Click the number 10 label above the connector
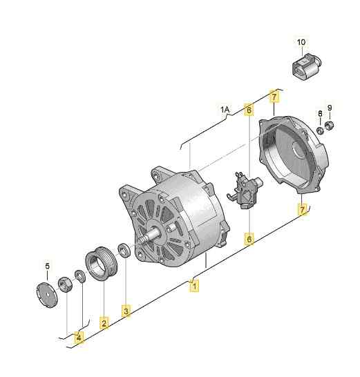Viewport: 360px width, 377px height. point(301,42)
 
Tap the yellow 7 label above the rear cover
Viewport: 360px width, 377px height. point(274,96)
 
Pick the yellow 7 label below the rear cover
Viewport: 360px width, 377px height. point(302,208)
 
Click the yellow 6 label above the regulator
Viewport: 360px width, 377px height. point(249,109)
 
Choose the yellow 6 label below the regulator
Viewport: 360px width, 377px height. point(249,239)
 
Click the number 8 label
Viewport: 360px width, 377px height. point(320,113)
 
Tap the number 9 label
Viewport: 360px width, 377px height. point(330,108)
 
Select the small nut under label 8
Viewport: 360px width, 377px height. point(320,129)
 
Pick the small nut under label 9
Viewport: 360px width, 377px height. point(331,125)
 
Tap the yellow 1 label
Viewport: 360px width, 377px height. point(195,284)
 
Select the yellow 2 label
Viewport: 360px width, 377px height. point(104,322)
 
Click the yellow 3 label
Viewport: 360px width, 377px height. point(126,311)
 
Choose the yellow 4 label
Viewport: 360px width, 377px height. point(79,338)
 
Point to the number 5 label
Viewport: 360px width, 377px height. point(48,266)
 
